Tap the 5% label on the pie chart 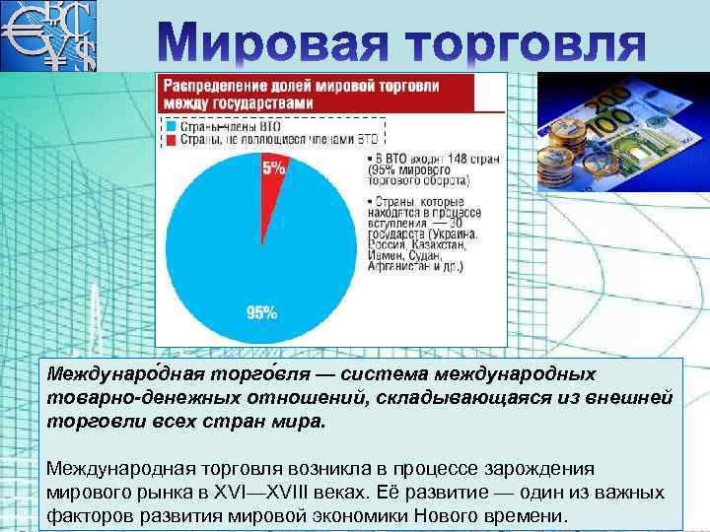pyautogui.click(x=273, y=168)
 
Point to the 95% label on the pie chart pyautogui.click(x=261, y=313)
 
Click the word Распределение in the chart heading pyautogui.click(x=213, y=87)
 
